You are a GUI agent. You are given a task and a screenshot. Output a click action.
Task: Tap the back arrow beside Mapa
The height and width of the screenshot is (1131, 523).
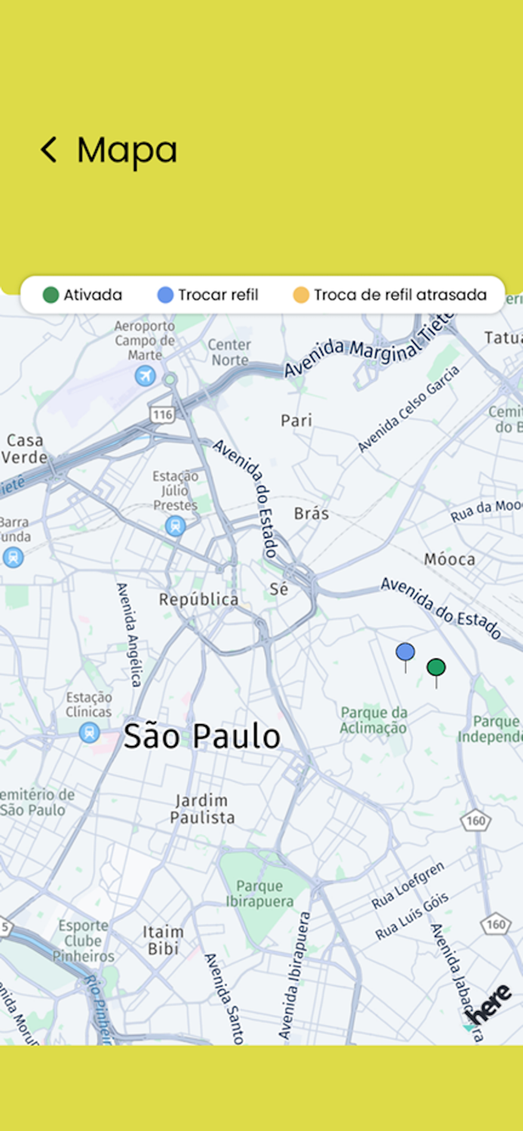tap(48, 149)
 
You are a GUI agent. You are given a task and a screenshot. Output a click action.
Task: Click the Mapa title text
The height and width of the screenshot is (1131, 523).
tap(127, 149)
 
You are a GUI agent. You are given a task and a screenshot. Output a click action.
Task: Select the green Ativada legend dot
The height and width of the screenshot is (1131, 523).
tap(51, 295)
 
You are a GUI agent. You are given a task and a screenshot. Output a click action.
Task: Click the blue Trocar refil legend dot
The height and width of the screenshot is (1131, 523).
tap(165, 295)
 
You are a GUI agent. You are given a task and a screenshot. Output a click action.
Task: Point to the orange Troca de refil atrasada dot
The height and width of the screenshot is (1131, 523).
tap(301, 295)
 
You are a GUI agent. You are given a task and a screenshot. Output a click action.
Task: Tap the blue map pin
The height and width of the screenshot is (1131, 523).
tap(405, 652)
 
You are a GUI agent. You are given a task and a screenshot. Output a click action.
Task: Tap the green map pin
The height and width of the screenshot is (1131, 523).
tap(436, 667)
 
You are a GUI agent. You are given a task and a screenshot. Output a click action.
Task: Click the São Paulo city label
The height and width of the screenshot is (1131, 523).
tap(202, 736)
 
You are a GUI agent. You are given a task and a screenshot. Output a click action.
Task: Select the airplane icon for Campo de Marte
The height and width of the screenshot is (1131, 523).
tap(145, 375)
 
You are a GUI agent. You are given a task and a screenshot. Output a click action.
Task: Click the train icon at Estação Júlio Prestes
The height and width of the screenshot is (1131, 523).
tap(176, 526)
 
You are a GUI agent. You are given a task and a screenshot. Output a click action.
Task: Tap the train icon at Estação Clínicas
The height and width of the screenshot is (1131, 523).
tap(89, 732)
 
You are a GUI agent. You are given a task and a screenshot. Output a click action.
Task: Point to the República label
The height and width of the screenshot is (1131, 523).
tap(198, 599)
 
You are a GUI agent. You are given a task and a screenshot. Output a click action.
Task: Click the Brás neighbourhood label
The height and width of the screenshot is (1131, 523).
tap(311, 513)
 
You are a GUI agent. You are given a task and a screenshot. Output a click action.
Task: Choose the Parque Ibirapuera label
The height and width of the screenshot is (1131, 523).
tap(260, 893)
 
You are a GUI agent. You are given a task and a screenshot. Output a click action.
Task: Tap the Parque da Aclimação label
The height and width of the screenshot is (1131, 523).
tap(374, 720)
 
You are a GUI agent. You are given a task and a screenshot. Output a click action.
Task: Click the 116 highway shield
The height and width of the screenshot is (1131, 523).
tap(162, 414)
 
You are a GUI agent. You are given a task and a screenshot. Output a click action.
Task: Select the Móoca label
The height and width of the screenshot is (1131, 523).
tap(450, 559)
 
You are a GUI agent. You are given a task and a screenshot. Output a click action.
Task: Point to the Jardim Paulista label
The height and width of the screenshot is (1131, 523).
tap(202, 808)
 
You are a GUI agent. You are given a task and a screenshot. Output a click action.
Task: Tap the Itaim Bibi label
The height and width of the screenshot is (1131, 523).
tap(163, 940)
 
